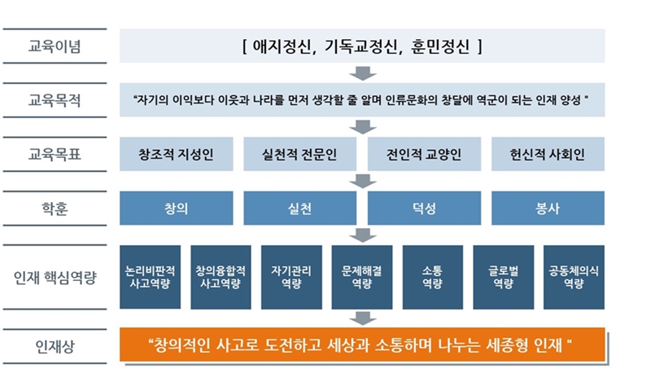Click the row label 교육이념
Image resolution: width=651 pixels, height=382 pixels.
[55, 46]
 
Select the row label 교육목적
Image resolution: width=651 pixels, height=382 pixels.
[55, 100]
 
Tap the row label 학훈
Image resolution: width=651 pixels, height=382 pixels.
[55, 209]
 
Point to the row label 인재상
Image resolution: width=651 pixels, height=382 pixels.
[55, 346]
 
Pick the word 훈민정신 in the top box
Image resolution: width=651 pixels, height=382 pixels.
[440, 46]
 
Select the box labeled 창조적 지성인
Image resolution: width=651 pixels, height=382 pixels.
[176, 154]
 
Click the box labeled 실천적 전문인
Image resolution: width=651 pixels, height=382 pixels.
[299, 154]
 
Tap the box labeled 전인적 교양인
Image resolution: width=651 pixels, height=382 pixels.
[424, 154]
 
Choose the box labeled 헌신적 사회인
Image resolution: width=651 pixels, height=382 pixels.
[548, 154]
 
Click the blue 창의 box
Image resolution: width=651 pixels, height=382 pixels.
[176, 208]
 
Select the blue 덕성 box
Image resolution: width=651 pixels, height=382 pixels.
[424, 208]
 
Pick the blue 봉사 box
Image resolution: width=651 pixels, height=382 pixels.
[548, 208]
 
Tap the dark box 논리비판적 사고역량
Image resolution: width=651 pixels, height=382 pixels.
[150, 277]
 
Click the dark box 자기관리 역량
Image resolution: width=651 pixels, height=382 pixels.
[291, 277]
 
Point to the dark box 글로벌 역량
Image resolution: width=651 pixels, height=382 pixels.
[503, 277]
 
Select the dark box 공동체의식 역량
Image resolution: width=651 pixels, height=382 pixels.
[574, 277]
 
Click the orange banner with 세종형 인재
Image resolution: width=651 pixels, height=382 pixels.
[362, 345]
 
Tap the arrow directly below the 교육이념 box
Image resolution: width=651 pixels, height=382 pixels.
[362, 73]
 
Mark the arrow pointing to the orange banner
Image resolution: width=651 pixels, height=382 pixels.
[362, 318]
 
